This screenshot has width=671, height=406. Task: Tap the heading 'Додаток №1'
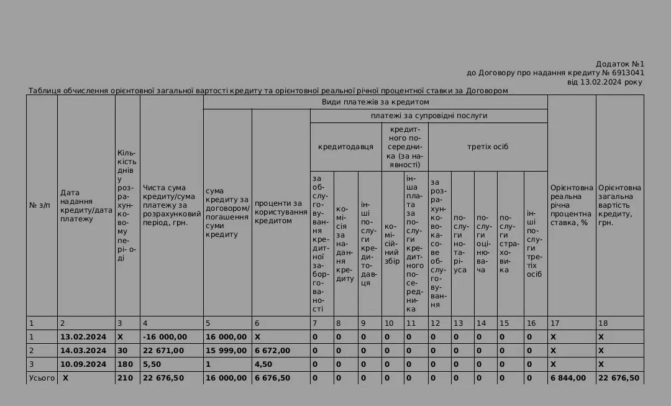pos(620,64)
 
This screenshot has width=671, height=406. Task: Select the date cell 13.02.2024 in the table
pos(83,337)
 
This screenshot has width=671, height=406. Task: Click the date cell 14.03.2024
pos(83,351)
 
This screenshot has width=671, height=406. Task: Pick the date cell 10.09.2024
pos(83,364)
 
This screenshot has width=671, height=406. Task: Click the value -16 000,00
pos(165,337)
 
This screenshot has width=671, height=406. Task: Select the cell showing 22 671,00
pos(163,351)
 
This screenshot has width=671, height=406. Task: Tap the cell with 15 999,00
pos(226,351)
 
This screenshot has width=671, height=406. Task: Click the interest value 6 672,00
pos(272,351)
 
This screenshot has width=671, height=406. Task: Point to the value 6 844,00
pos(568,378)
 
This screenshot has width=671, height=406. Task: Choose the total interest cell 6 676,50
pos(272,378)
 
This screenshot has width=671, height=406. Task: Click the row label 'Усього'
pos(42,378)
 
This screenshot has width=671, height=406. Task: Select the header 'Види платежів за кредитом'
pos(375,102)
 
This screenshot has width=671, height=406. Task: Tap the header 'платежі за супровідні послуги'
pos(429,116)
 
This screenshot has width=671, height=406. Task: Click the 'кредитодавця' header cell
pos(345,147)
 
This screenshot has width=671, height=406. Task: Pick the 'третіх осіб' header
pos(488,147)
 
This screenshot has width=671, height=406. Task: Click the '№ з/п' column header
pos(40,205)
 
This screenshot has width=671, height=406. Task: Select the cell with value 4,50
pos(263,364)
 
